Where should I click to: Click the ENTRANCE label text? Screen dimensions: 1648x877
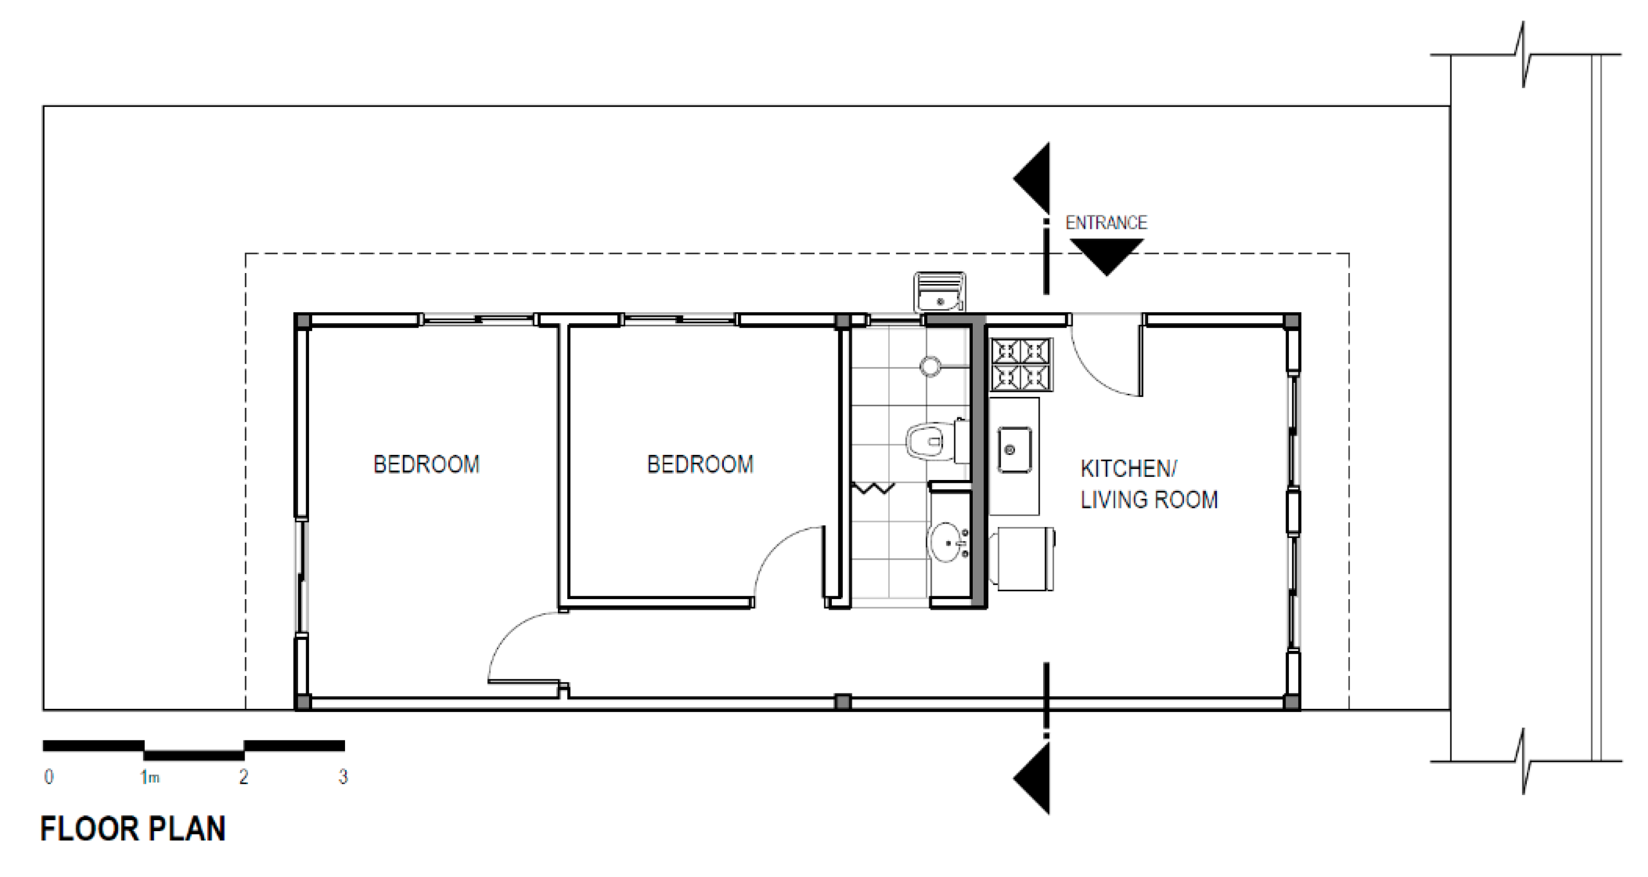click(x=1106, y=223)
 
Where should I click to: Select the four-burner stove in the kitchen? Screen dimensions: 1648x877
click(x=1021, y=364)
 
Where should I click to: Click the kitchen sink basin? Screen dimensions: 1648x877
click(x=1015, y=450)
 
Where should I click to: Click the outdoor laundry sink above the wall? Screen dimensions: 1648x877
click(x=939, y=292)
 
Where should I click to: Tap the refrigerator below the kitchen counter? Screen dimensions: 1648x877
click(x=1022, y=558)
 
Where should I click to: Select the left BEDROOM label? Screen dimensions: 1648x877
click(x=426, y=464)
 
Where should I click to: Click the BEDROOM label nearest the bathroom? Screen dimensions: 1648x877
click(x=700, y=464)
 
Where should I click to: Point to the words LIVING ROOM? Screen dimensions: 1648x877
click(x=1149, y=499)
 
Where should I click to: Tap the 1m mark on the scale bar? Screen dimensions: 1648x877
click(x=150, y=777)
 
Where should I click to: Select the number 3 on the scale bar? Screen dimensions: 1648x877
click(x=343, y=777)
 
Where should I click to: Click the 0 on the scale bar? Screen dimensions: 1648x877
click(x=49, y=777)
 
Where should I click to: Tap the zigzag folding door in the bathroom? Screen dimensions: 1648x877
click(x=873, y=488)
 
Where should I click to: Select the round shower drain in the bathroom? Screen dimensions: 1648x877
click(x=930, y=366)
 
